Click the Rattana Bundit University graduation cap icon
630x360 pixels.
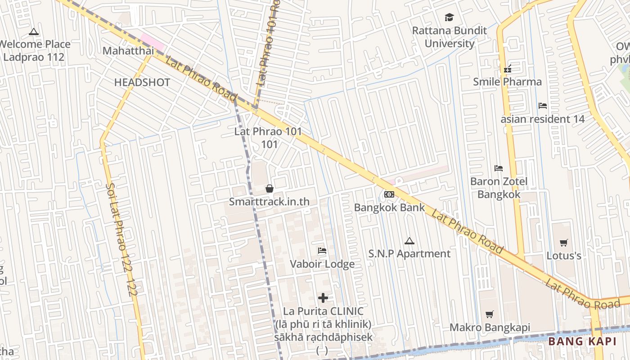tap(449, 18)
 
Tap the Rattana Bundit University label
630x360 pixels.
tap(450, 37)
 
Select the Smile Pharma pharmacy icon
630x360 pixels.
tap(508, 69)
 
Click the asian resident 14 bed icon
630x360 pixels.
tap(543, 106)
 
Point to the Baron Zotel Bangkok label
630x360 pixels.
tap(499, 188)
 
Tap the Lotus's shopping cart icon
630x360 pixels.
tap(563, 243)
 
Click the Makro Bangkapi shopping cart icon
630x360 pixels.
tap(490, 314)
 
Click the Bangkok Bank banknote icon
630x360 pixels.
tap(389, 194)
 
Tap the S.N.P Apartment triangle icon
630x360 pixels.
tap(409, 241)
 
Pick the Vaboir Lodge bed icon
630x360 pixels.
tap(322, 251)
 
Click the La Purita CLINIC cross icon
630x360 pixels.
tap(323, 298)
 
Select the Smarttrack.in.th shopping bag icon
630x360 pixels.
tap(270, 189)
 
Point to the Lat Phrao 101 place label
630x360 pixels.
tap(268, 138)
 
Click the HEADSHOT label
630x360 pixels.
tap(142, 82)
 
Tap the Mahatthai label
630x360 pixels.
tap(128, 51)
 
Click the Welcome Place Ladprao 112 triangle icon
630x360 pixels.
tap(33, 32)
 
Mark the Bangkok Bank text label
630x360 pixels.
tap(389, 207)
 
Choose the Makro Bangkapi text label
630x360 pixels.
tap(490, 327)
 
